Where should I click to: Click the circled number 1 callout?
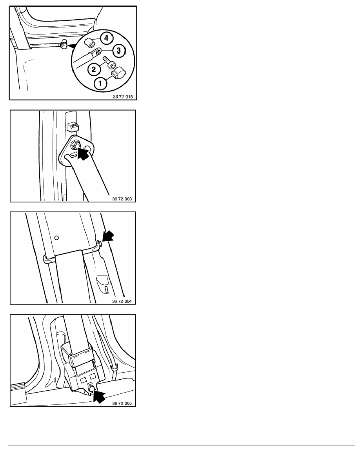(100, 83)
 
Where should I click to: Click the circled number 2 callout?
(94, 69)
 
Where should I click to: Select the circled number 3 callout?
(118, 50)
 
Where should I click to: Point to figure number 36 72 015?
(123, 96)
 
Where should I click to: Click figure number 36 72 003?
(122, 199)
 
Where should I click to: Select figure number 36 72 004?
(122, 301)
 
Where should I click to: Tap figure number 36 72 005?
(122, 403)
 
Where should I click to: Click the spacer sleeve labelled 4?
(89, 42)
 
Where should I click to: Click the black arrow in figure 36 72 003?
(84, 153)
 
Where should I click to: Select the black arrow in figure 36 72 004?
(107, 237)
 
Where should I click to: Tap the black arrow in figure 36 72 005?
(99, 397)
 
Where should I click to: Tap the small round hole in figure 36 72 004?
(57, 238)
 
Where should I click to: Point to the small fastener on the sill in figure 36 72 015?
(62, 45)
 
